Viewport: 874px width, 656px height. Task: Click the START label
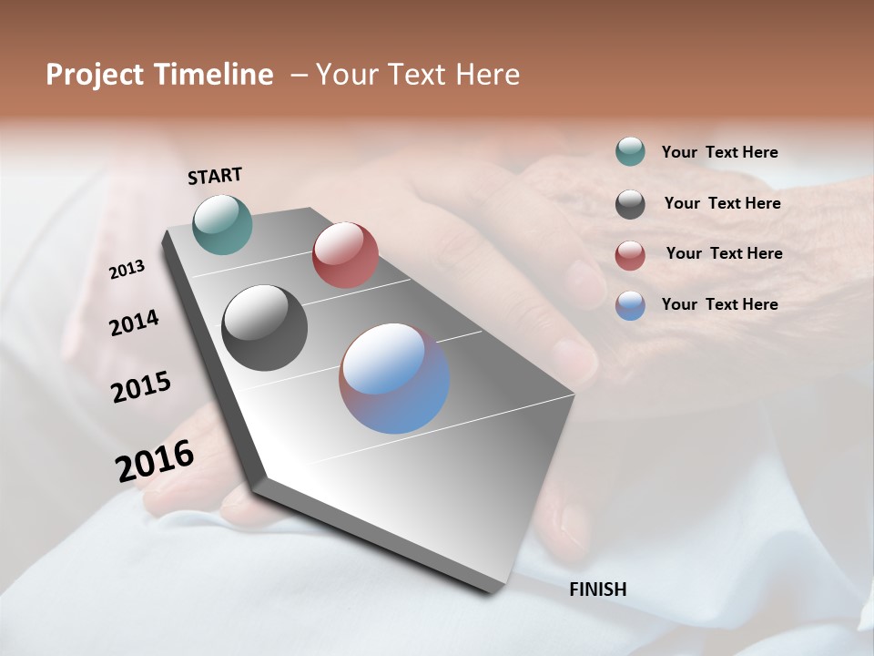[215, 176]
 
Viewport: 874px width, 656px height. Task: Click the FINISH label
[597, 589]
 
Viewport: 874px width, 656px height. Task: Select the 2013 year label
[127, 270]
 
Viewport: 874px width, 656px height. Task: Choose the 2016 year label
[154, 460]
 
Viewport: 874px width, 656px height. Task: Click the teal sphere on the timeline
[222, 224]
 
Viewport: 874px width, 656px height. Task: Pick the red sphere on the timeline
[345, 255]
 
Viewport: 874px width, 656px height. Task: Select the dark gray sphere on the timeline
[264, 328]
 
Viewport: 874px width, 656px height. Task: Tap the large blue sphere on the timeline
[394, 378]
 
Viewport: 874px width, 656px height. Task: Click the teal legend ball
[630, 152]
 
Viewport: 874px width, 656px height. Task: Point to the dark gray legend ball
[630, 204]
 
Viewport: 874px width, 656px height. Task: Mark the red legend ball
[630, 255]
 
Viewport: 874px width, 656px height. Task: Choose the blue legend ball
[630, 305]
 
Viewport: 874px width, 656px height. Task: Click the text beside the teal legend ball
[719, 153]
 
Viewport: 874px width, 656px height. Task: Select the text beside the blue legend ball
[719, 304]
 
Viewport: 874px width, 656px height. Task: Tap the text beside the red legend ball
[724, 253]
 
